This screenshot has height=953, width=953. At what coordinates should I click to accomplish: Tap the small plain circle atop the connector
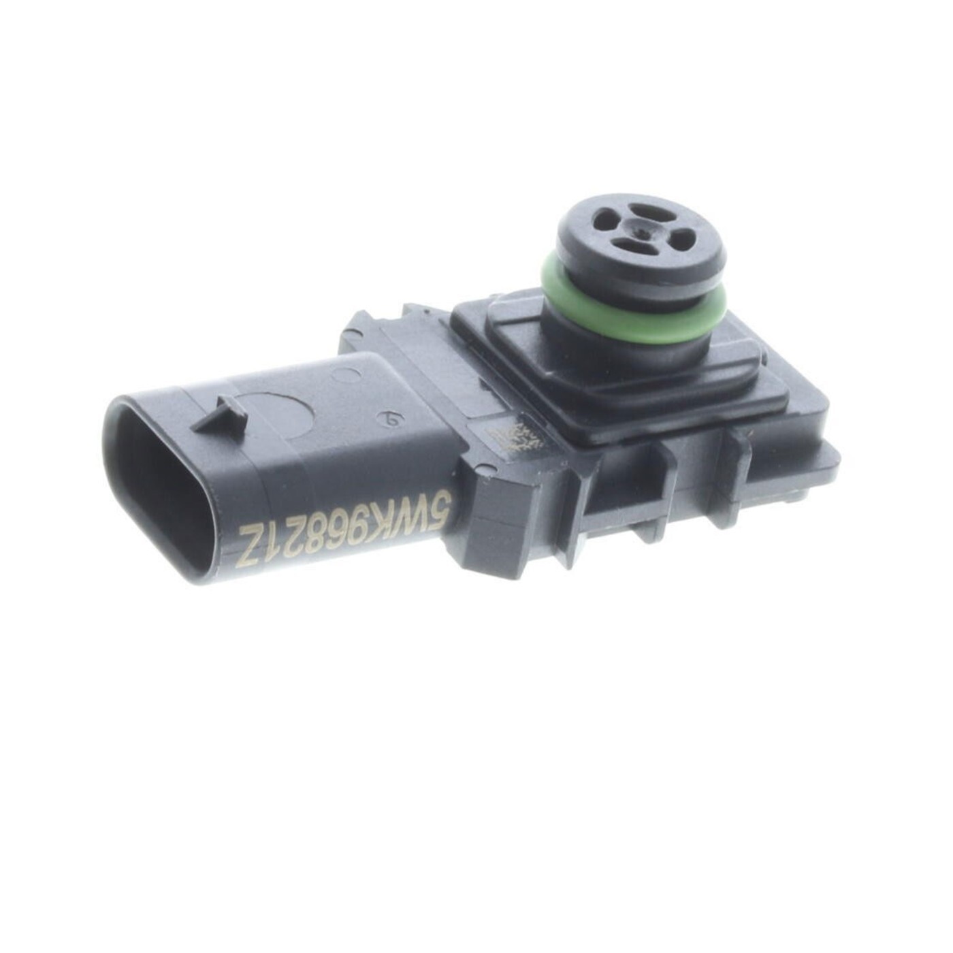351,378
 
